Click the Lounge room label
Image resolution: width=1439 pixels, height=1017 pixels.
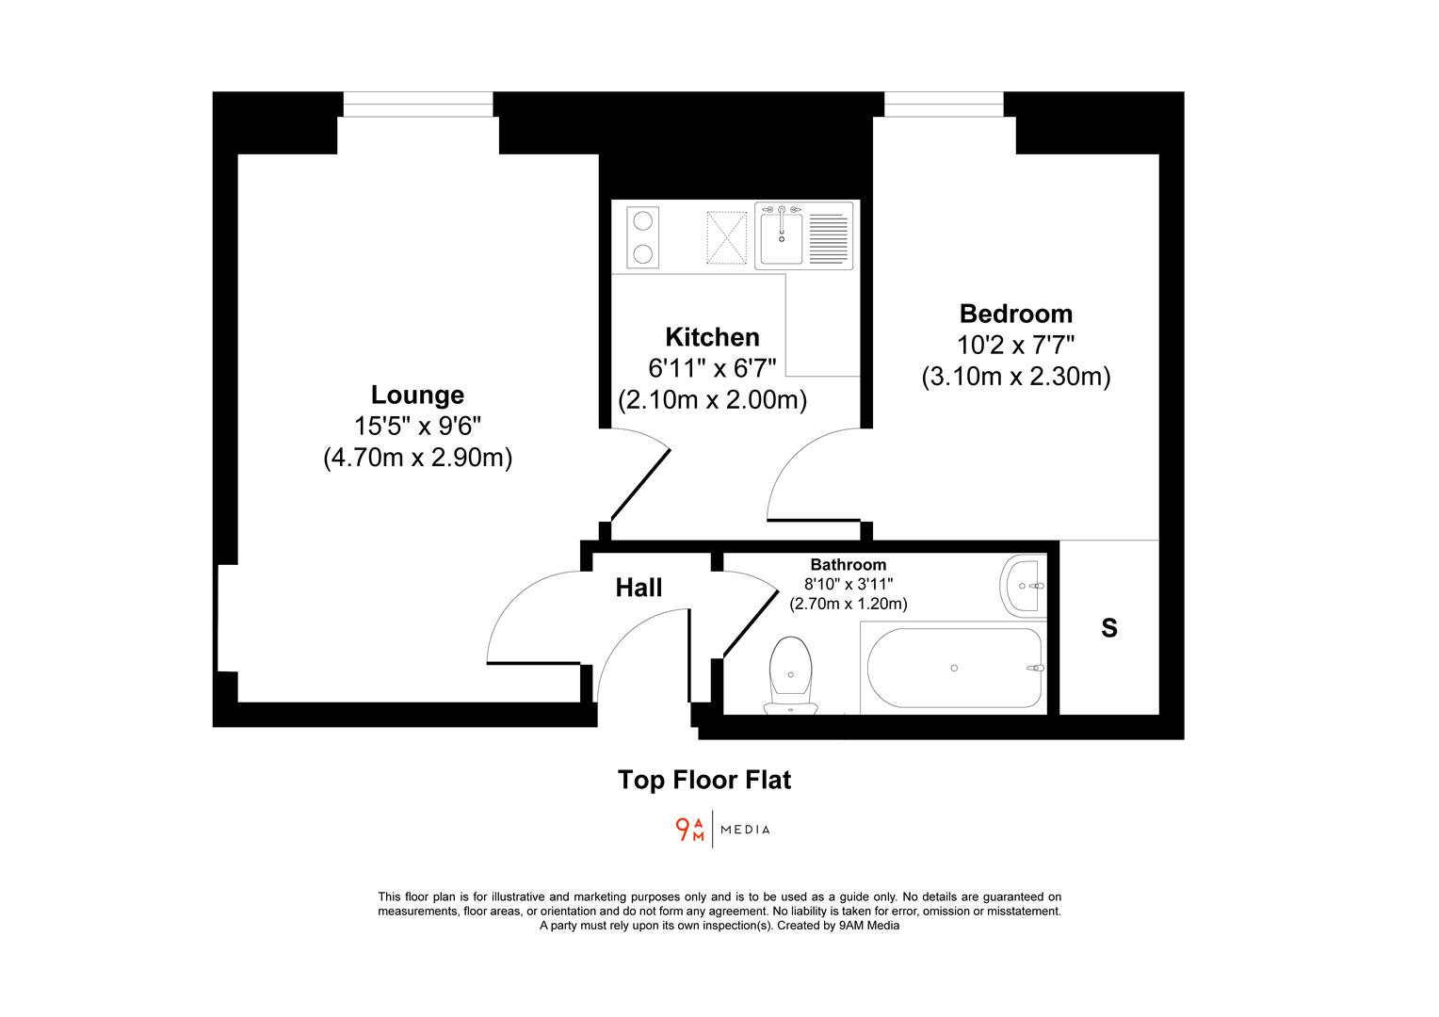pos(417,395)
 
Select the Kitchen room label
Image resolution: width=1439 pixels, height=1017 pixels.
pos(712,337)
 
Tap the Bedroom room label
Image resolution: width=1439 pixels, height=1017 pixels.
pos(1015,314)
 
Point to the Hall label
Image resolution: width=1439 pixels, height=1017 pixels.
pos(639,588)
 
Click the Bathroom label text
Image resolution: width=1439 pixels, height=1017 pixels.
pos(848,565)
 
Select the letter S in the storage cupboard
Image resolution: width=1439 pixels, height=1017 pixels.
pos(1108,628)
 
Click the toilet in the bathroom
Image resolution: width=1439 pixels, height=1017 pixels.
pos(790,672)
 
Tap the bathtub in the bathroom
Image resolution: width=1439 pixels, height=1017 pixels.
pos(953,668)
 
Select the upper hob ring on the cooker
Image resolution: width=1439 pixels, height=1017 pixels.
pos(643,222)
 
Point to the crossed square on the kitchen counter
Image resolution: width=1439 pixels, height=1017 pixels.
pos(727,236)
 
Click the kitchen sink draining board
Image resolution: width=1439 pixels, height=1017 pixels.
pos(828,236)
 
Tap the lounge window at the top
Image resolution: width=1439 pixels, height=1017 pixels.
pos(417,104)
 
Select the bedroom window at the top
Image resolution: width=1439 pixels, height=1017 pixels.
pos(944,104)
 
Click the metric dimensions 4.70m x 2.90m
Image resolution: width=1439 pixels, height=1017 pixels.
pos(417,459)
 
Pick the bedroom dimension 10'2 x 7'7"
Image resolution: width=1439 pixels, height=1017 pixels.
pos(1015,345)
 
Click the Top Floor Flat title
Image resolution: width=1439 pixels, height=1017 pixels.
pos(704,780)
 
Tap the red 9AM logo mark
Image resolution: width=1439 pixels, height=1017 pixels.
pos(689,830)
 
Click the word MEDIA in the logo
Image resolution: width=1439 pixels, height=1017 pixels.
pos(745,830)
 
